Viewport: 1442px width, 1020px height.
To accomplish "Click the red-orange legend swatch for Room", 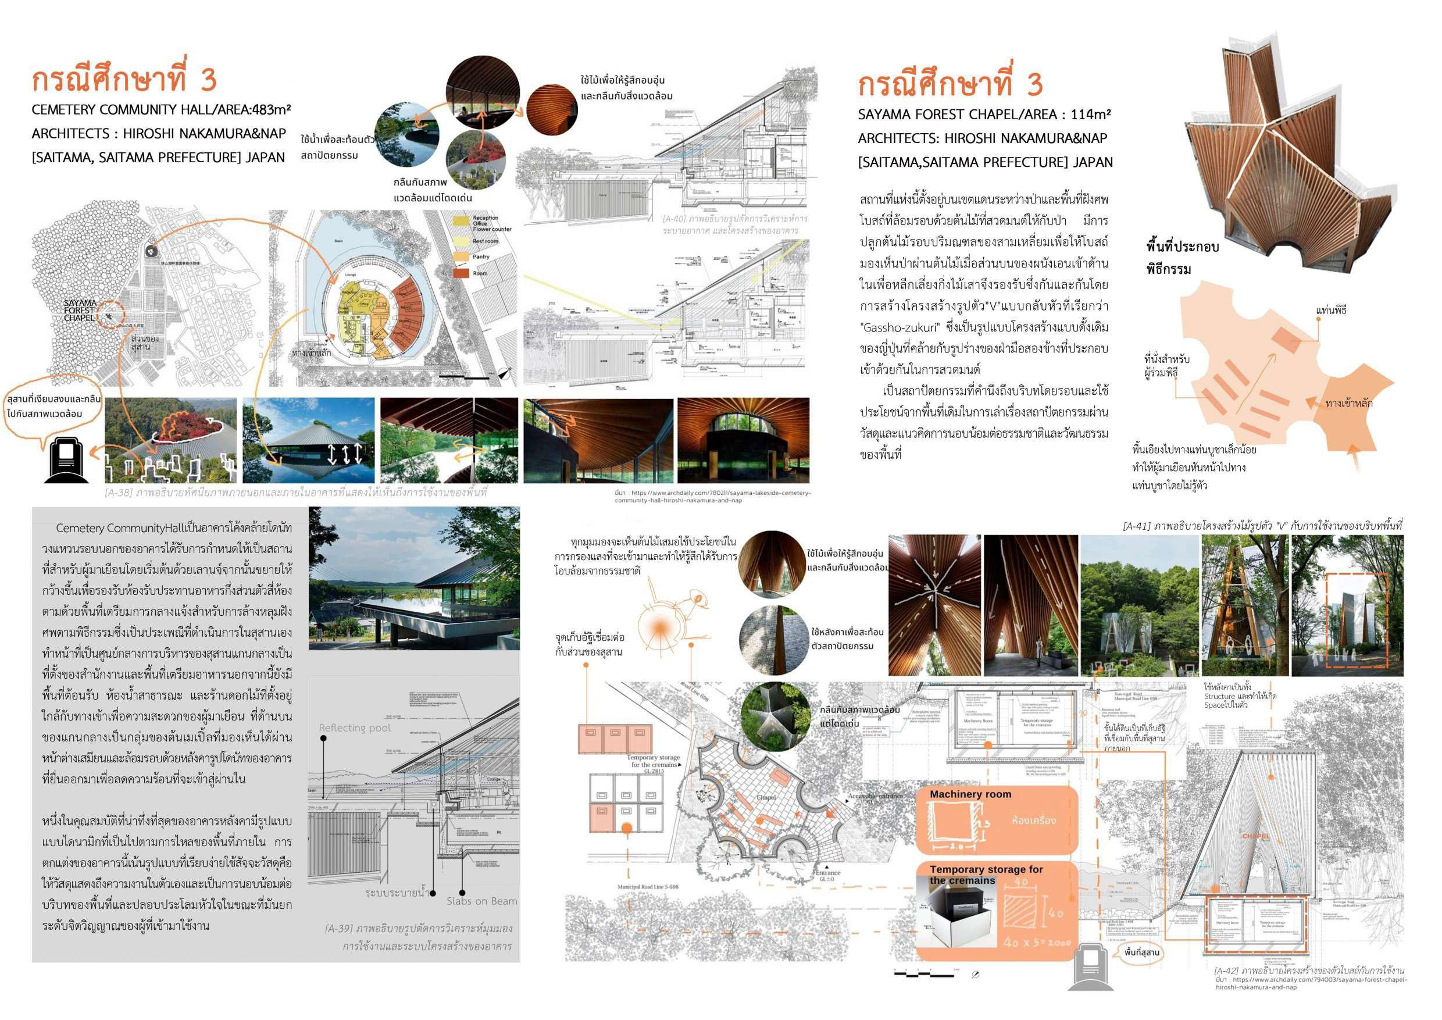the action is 462,272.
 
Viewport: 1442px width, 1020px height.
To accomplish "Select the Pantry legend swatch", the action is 462,256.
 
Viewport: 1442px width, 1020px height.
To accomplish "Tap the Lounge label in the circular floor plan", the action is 351,276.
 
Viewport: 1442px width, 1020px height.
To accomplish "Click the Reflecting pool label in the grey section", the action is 354,728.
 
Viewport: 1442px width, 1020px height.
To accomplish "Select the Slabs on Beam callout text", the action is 481,901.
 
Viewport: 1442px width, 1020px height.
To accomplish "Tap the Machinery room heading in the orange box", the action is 970,794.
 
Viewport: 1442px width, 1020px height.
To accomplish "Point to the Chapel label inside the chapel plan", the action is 766,798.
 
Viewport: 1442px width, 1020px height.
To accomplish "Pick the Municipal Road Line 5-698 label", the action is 648,887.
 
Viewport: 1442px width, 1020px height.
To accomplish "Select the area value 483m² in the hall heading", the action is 269,109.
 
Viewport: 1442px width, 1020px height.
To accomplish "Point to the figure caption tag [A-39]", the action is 338,928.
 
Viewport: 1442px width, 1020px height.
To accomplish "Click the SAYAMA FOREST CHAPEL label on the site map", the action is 80,311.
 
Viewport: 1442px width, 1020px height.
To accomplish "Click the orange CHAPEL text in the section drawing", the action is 1255,837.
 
